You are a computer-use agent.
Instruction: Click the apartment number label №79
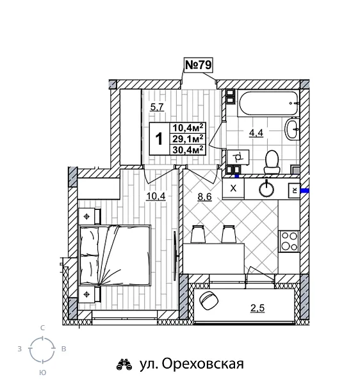point(198,65)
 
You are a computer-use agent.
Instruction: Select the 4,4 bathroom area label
point(257,133)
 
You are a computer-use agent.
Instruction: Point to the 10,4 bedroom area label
point(156,196)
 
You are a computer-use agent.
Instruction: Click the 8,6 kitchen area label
point(205,196)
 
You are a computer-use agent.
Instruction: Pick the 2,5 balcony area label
point(258,309)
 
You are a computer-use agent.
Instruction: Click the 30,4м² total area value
point(188,149)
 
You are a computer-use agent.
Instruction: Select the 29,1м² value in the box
point(188,138)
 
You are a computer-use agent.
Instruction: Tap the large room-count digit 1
point(158,138)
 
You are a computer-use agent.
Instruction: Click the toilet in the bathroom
point(272,161)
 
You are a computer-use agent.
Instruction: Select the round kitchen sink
point(266,188)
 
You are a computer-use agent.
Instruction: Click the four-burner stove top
point(290,243)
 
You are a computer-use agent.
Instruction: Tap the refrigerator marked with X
point(234,188)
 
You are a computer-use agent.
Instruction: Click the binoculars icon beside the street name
point(124,365)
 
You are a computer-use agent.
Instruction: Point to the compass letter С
point(42,328)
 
